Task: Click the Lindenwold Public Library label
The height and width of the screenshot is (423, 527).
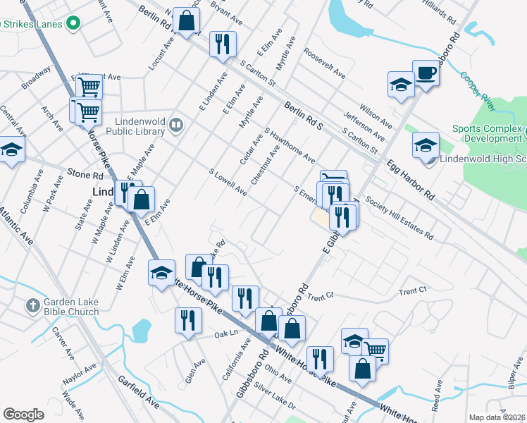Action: pyautogui.click(x=136, y=125)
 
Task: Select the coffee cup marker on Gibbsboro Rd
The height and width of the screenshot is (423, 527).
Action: pyautogui.click(x=426, y=73)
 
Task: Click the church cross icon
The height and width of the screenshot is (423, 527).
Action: pyautogui.click(x=32, y=306)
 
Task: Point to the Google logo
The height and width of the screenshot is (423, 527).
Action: pyautogui.click(x=23, y=415)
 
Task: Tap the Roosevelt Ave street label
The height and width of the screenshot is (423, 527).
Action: pyautogui.click(x=324, y=63)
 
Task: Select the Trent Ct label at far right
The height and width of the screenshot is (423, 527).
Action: pyautogui.click(x=413, y=290)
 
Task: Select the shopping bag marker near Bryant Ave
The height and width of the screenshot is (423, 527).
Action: pyautogui.click(x=187, y=21)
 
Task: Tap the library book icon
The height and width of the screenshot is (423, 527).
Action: pyautogui.click(x=176, y=126)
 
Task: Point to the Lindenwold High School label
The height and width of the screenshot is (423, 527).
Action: pyautogui.click(x=482, y=159)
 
